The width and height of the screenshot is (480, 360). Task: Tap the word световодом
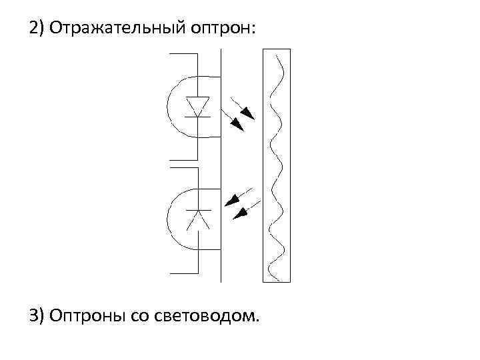point(207,315)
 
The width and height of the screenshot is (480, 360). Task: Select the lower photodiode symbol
point(197,219)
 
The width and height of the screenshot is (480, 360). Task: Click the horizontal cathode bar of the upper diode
point(197,117)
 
